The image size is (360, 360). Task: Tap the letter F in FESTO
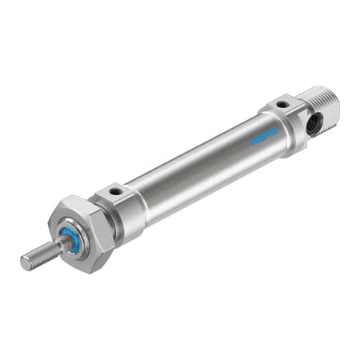[251, 143]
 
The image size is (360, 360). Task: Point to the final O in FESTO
[274, 130]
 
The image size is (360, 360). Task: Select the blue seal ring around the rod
[71, 241]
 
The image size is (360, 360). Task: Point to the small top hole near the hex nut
[117, 192]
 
